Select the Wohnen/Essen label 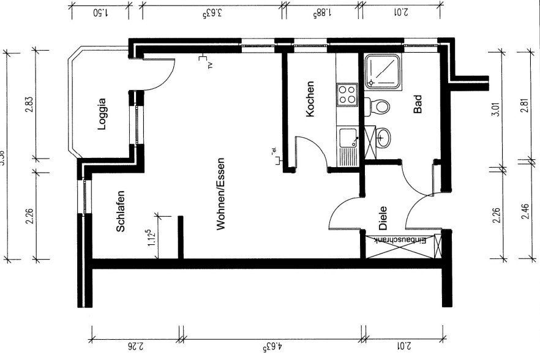tap(221, 194)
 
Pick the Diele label tap(383, 218)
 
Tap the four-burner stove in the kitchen tap(347, 94)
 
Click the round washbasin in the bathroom tap(383, 137)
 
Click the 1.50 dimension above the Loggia tap(99, 12)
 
